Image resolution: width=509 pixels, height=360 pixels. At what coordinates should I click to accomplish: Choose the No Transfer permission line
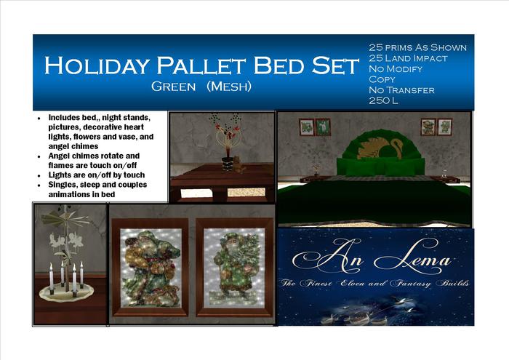(402, 89)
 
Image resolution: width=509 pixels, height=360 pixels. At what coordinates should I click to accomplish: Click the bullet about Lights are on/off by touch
(96, 175)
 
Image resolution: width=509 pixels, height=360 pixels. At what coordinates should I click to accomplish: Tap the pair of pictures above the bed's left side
(314, 127)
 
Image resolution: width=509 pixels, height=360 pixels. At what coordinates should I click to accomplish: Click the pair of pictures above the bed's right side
(436, 127)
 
